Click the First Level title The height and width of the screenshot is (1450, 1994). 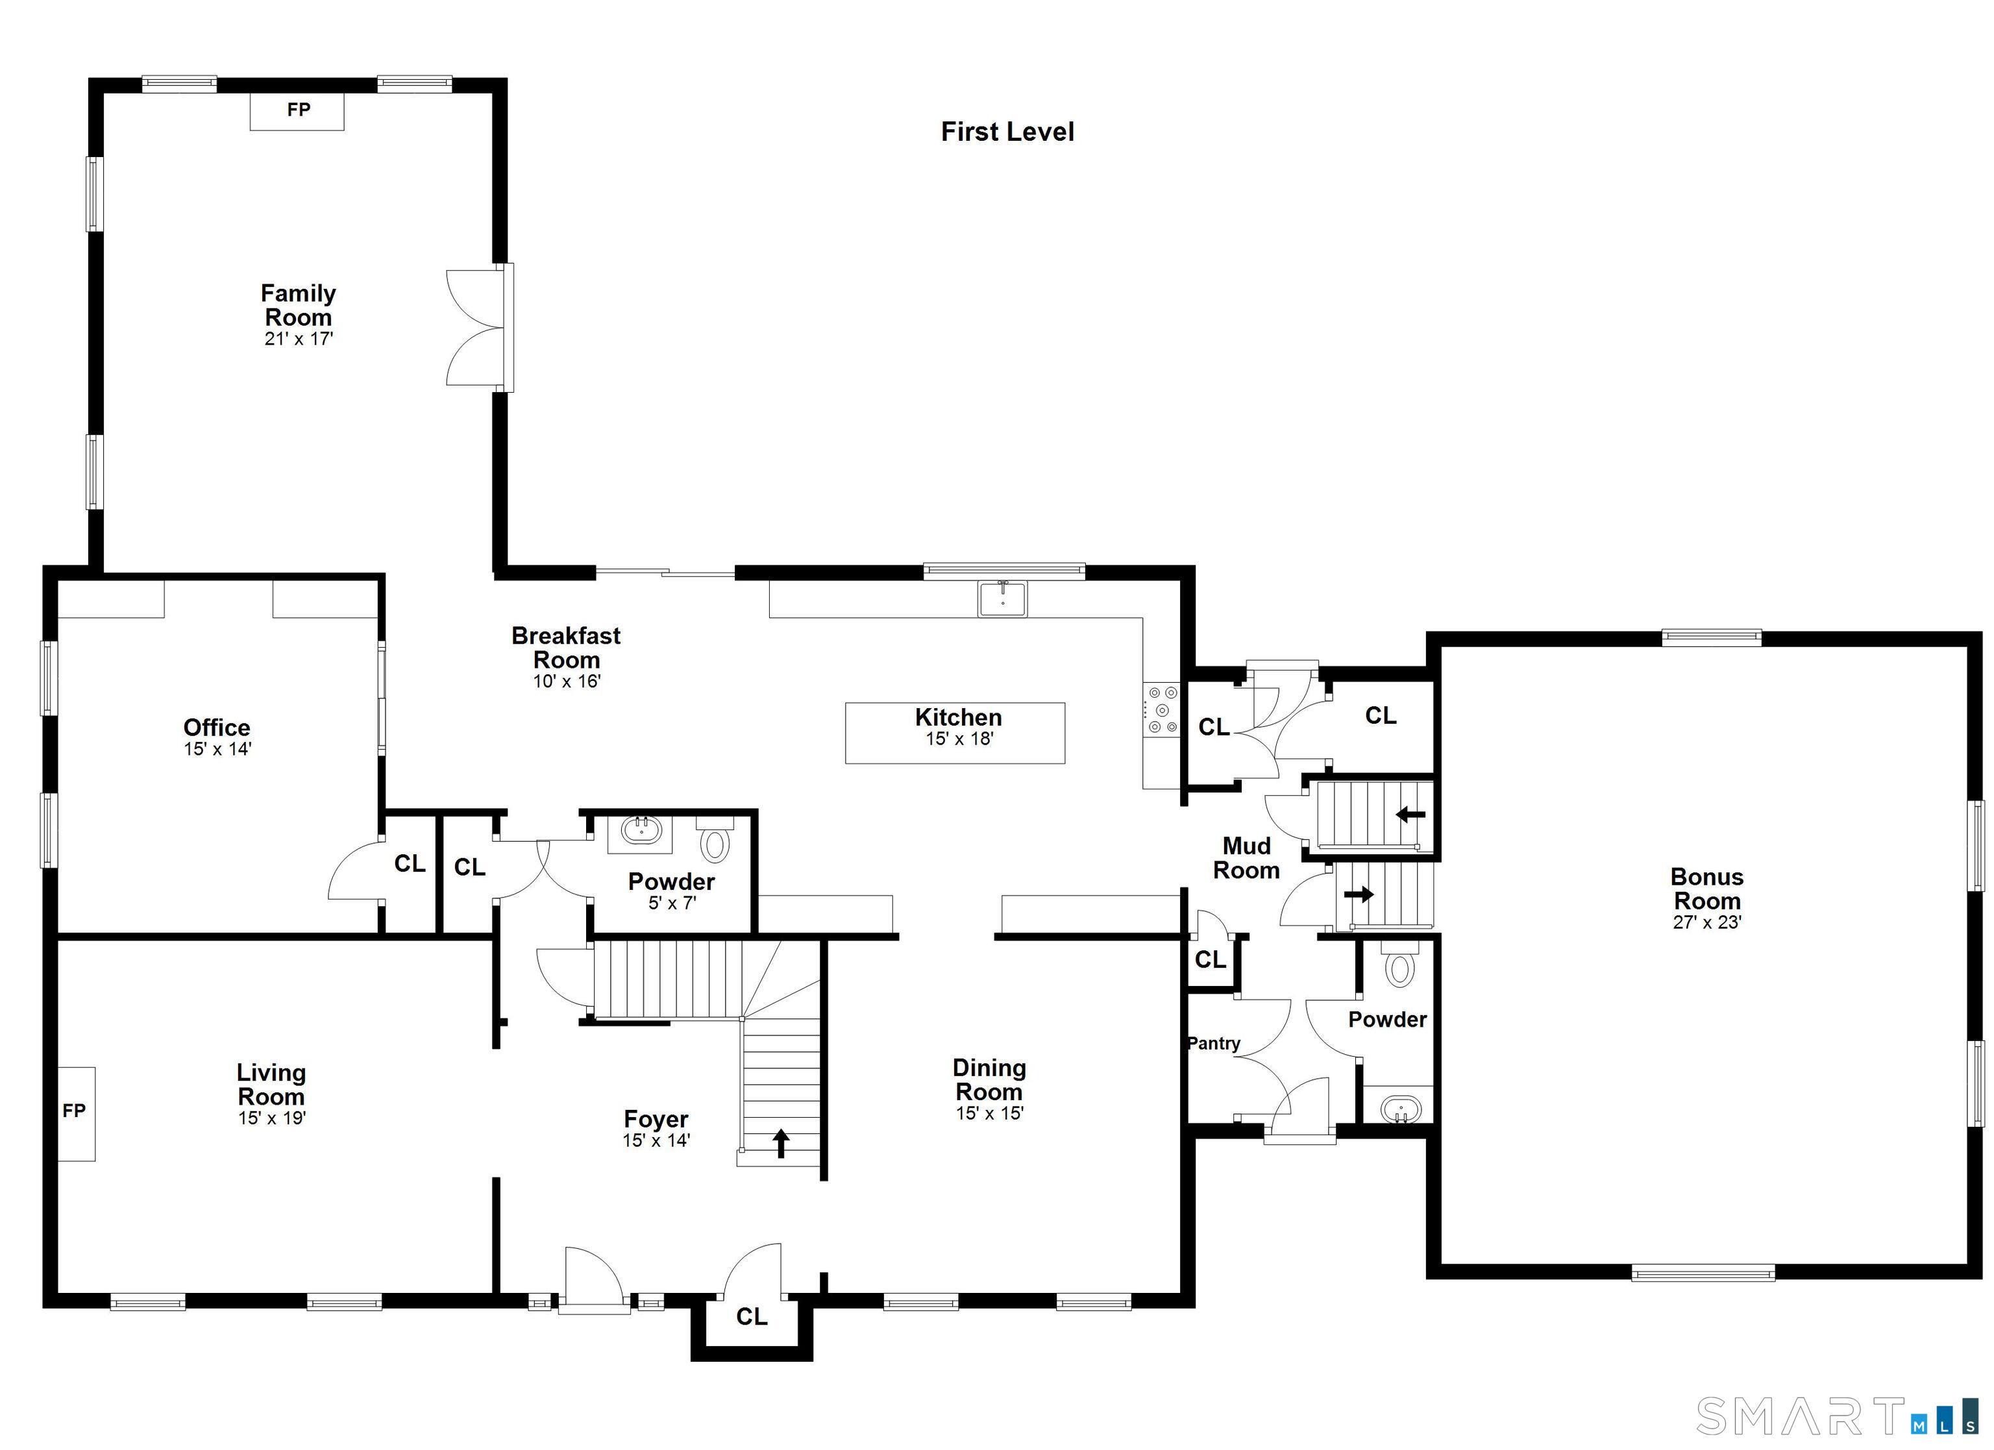[x=1007, y=132]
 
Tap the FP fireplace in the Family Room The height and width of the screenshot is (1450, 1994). [x=297, y=111]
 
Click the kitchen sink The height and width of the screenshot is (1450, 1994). [x=1002, y=599]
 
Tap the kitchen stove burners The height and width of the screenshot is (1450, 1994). [x=1161, y=709]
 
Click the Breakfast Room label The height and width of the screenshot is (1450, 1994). [x=566, y=647]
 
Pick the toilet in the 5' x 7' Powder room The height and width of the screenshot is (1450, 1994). [x=715, y=840]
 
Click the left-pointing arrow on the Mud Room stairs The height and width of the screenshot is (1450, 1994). [x=1410, y=815]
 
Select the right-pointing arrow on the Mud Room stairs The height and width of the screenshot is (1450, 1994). [x=1359, y=894]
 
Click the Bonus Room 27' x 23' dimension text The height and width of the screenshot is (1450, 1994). [x=1707, y=922]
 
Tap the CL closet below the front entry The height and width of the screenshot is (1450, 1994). [x=752, y=1316]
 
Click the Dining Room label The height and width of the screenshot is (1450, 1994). [x=989, y=1080]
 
